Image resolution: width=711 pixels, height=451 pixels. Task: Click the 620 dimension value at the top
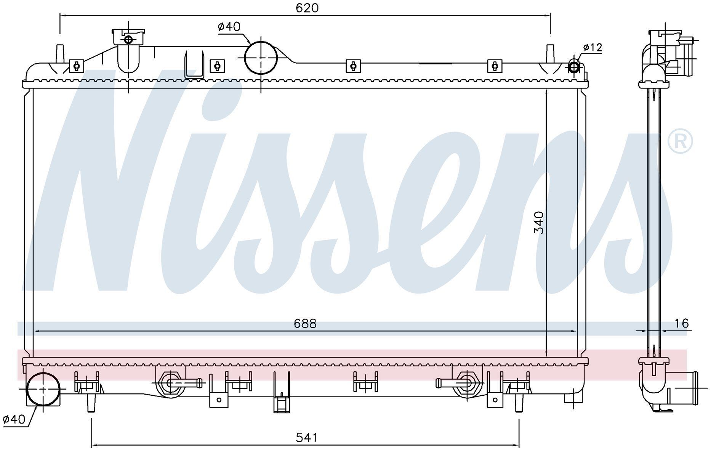pyautogui.click(x=307, y=8)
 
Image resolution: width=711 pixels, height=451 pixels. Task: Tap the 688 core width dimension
pyautogui.click(x=305, y=324)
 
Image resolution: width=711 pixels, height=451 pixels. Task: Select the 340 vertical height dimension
pyautogui.click(x=539, y=222)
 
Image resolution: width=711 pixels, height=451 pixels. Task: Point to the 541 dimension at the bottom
pyautogui.click(x=307, y=438)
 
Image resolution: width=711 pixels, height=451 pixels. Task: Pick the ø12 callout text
pyautogui.click(x=592, y=47)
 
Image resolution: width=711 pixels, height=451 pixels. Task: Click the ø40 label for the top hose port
pyautogui.click(x=229, y=26)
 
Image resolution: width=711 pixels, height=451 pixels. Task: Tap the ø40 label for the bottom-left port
pyautogui.click(x=14, y=420)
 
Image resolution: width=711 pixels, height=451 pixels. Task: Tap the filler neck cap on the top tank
pyautogui.click(x=128, y=37)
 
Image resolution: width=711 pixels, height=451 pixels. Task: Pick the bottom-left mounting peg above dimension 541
pyautogui.click(x=91, y=403)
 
